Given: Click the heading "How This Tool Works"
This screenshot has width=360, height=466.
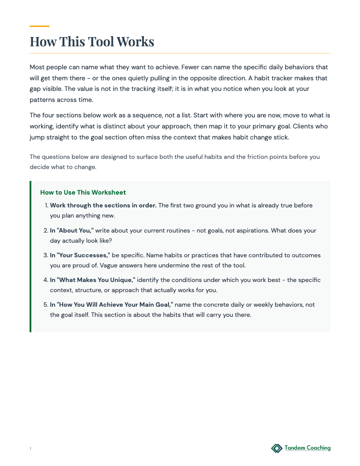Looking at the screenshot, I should [x=92, y=41].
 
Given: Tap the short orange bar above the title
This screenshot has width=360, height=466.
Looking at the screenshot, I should [x=39, y=26].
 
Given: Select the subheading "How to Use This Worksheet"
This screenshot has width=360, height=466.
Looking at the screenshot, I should [x=83, y=192].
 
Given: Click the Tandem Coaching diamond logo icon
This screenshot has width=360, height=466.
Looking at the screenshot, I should [x=277, y=448].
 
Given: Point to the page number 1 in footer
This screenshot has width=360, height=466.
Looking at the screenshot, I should [x=30, y=449].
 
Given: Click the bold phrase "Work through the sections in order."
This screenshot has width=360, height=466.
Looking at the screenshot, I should [x=103, y=205].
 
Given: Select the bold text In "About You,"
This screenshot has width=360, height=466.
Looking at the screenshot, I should [x=72, y=230].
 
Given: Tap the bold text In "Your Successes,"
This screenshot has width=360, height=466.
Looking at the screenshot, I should [x=80, y=255].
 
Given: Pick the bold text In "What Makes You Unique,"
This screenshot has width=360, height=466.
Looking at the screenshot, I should [x=93, y=280].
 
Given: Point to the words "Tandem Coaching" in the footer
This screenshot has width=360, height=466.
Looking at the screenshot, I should [x=307, y=448].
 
